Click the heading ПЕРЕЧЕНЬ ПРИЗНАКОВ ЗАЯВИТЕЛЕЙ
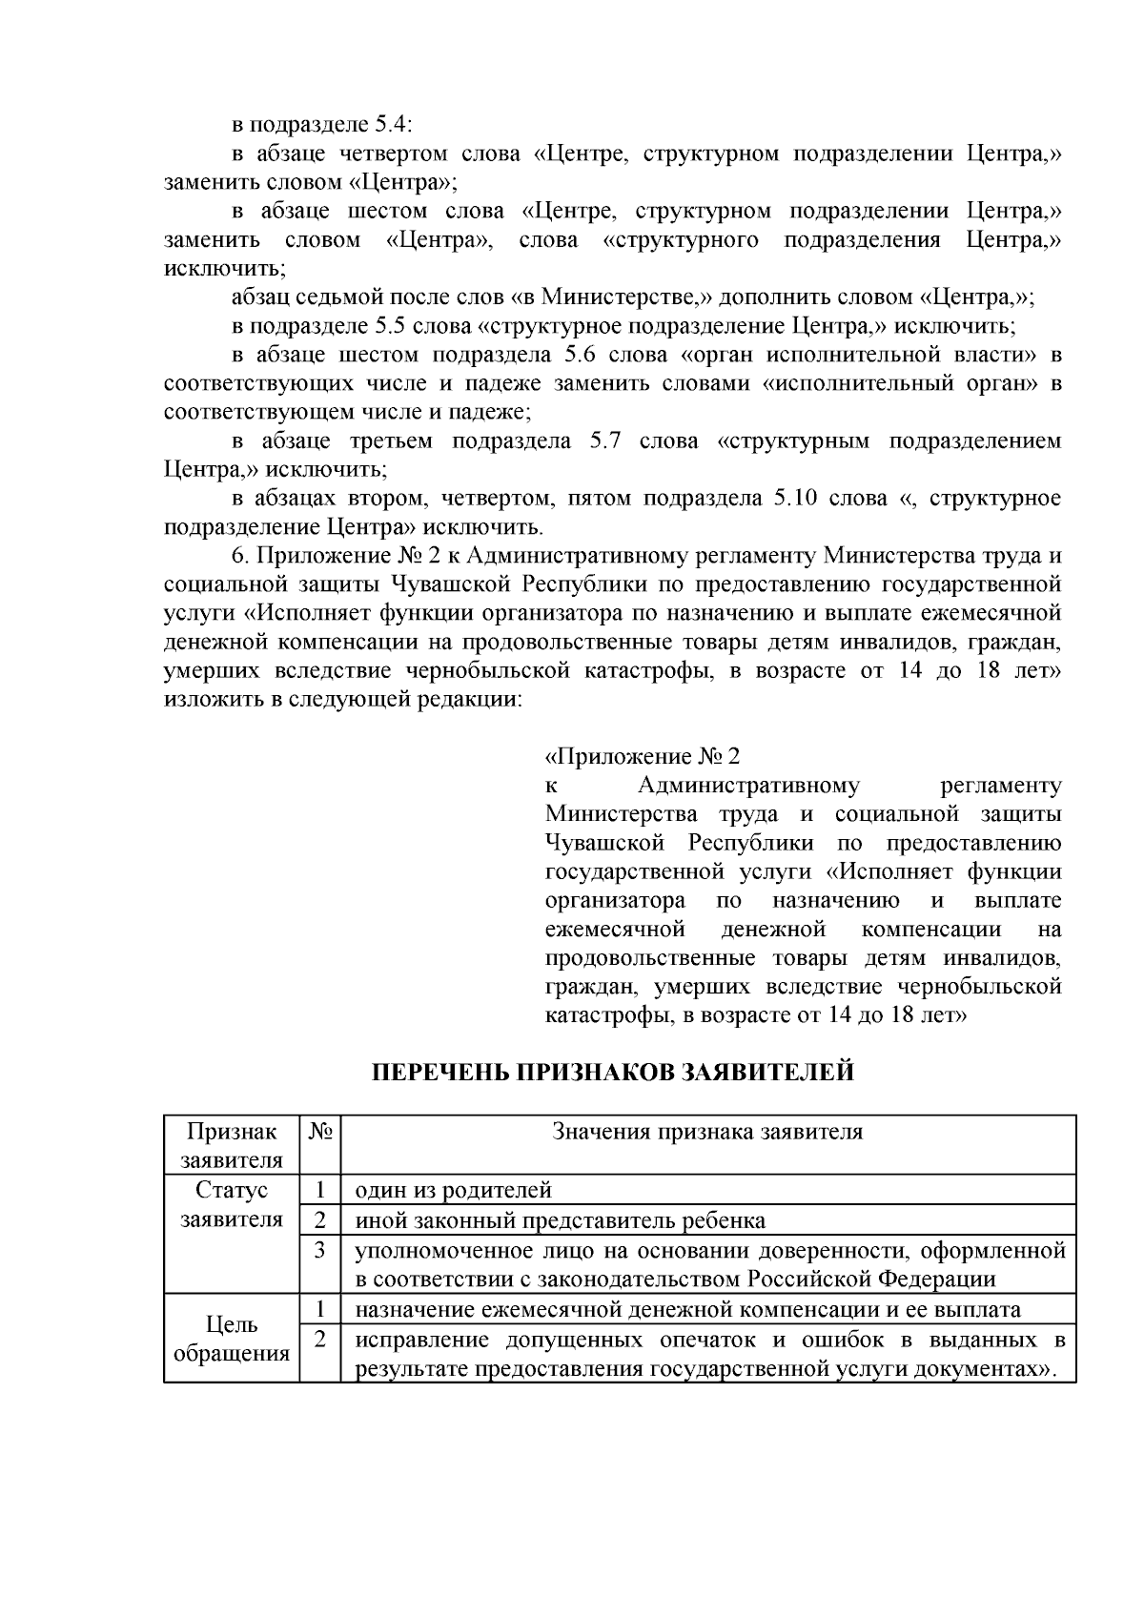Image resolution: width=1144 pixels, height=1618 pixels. click(612, 1074)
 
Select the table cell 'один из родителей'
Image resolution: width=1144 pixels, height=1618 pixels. click(454, 1191)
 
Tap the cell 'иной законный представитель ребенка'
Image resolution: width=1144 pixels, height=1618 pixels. click(561, 1220)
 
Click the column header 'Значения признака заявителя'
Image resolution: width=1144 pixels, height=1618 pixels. click(707, 1133)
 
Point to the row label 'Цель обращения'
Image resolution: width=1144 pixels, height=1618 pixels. click(232, 1339)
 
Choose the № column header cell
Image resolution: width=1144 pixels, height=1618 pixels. click(320, 1133)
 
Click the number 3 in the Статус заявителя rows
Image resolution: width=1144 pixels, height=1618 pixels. click(320, 1250)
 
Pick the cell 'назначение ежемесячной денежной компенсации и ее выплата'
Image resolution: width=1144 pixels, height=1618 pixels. click(688, 1309)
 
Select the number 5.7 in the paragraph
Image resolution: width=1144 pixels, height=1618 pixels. click(609, 441)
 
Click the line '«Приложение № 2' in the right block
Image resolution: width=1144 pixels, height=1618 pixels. click(642, 757)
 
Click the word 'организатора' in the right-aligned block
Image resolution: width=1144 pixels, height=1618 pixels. click(615, 901)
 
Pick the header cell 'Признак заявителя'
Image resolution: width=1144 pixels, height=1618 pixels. click(232, 1145)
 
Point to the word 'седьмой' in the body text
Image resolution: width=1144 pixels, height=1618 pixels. click(337, 297)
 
